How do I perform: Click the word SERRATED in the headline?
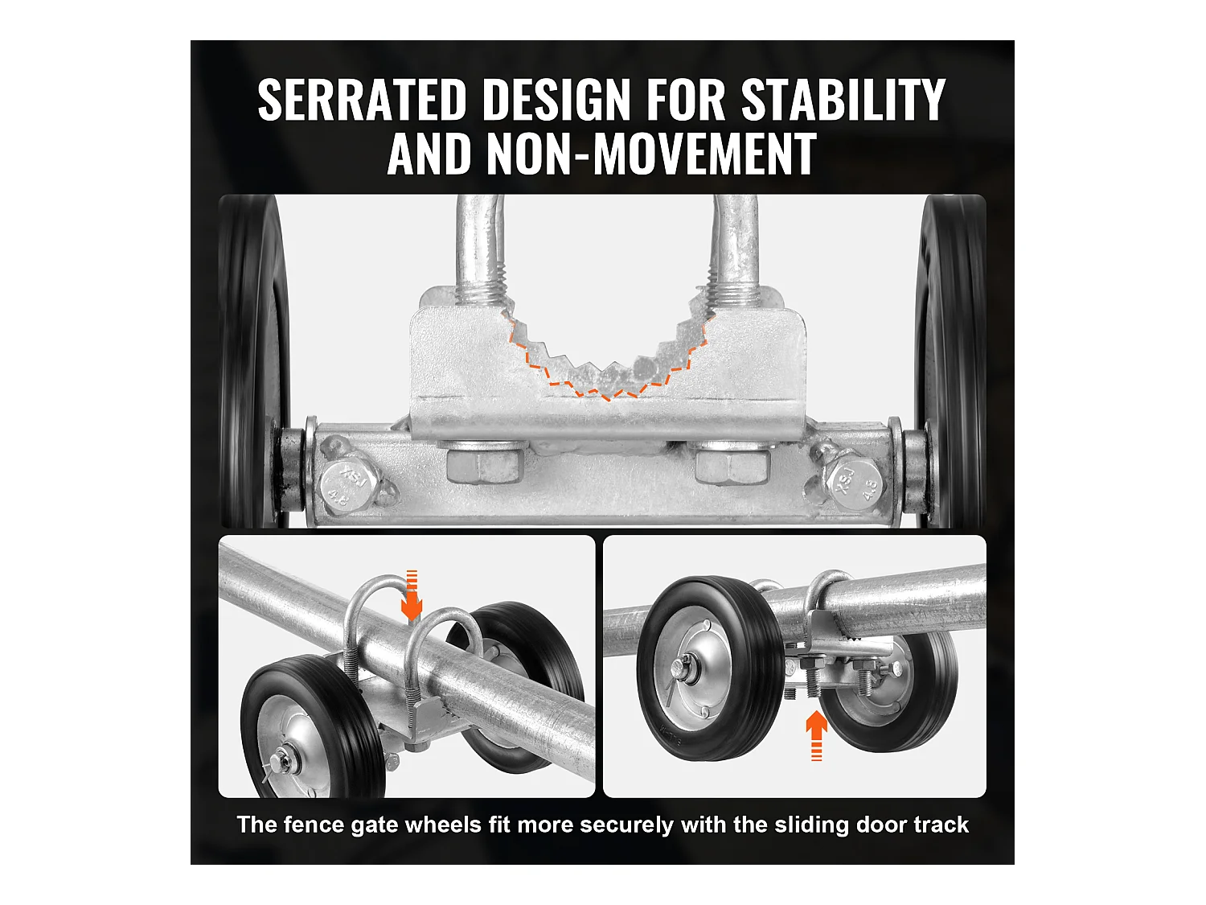(362, 100)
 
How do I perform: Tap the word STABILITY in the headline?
(843, 100)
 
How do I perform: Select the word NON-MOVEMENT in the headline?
(650, 154)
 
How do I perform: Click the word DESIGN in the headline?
(556, 100)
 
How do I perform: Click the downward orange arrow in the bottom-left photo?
(411, 595)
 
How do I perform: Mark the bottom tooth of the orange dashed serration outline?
(607, 397)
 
